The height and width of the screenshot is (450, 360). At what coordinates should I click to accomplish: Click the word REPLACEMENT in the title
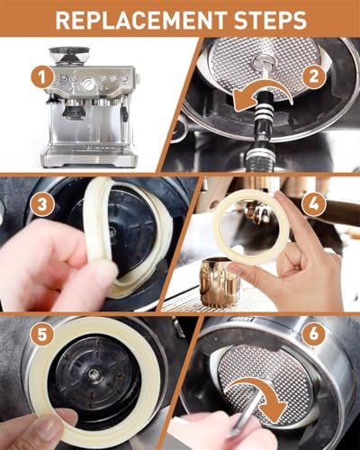(141, 20)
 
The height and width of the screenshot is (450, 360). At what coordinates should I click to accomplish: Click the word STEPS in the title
(270, 20)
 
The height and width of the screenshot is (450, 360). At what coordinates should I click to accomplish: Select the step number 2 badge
(313, 76)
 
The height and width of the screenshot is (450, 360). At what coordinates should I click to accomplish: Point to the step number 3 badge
(42, 205)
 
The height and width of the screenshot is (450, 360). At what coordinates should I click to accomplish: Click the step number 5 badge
(42, 334)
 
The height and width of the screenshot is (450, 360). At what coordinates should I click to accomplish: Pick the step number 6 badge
(313, 333)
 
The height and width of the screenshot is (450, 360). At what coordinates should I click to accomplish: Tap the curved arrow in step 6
(255, 388)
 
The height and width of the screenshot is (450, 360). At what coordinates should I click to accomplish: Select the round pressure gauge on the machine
(89, 83)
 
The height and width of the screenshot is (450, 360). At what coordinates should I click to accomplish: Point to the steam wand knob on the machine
(125, 113)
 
